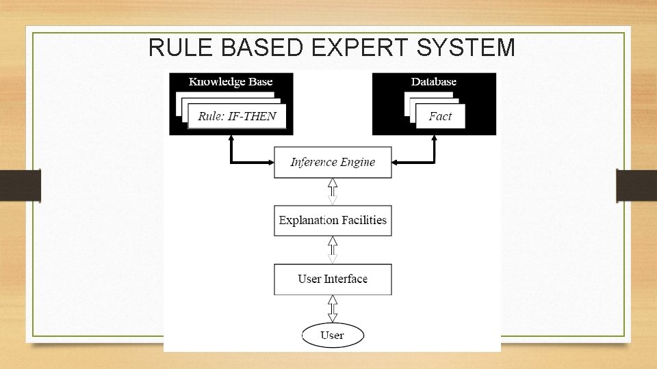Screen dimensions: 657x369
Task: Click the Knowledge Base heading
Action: point(231,82)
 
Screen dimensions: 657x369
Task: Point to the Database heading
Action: point(433,82)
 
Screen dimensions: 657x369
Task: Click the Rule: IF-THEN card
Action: point(237,116)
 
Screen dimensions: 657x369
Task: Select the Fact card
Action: point(440,116)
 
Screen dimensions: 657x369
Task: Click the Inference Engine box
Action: point(333,162)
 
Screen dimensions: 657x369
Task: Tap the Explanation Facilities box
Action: point(333,220)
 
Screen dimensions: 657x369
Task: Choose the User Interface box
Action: point(333,279)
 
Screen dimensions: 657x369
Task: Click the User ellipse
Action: point(333,335)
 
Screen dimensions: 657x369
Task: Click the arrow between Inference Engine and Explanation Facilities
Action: point(333,191)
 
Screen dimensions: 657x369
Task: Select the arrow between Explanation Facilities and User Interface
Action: point(333,249)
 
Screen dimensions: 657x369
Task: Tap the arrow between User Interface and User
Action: point(333,308)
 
